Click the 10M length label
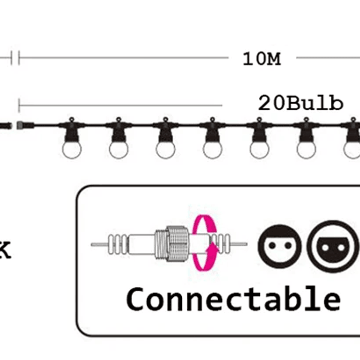[x=261, y=59]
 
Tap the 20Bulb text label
[x=300, y=103]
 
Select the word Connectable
[x=233, y=299]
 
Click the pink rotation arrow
[x=205, y=242]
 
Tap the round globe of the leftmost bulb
[x=71, y=149]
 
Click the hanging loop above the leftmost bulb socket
[x=71, y=120]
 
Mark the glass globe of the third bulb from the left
[x=165, y=149]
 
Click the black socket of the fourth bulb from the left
[x=212, y=133]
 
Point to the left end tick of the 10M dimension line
[x=19, y=58]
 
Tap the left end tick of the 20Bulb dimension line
[x=19, y=106]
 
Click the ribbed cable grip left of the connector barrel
[x=117, y=244]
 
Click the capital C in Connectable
[x=137, y=299]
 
